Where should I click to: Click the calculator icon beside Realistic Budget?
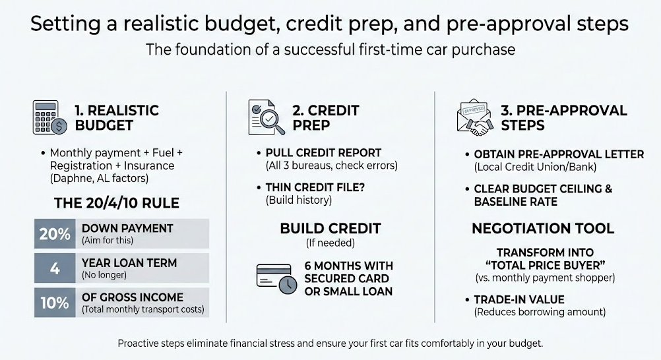point(49,117)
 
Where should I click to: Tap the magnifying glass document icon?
point(267,117)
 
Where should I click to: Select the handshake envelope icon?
point(475,117)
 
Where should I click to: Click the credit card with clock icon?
point(276,278)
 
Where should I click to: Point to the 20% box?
point(55,233)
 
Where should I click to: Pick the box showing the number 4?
point(55,268)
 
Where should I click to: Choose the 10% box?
point(55,303)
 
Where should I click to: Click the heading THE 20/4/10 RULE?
point(117,203)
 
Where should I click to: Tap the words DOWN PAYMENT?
point(127,229)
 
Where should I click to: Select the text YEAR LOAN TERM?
point(129,263)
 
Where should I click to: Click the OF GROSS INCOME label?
point(133,297)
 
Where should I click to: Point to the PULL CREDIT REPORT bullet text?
point(323,152)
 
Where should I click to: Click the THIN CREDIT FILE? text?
point(315,187)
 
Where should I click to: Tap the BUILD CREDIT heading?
point(330,229)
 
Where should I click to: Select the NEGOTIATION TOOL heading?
point(543,229)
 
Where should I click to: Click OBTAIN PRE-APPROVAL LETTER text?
point(559,154)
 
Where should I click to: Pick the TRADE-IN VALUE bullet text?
point(519,299)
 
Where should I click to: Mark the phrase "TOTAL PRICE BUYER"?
point(546,265)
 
